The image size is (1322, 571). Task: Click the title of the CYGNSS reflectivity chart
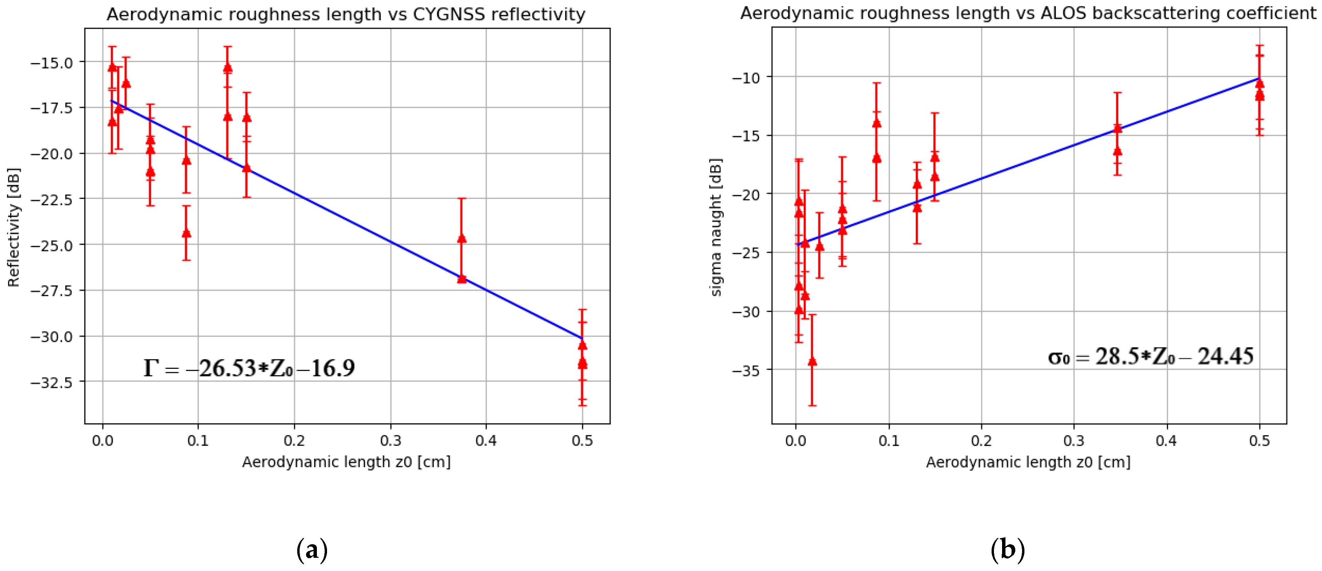[x=346, y=14]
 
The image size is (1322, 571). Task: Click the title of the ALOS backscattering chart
[x=1028, y=13]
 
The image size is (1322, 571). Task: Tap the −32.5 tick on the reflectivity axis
[x=51, y=382]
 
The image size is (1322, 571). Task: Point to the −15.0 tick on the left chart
[x=51, y=63]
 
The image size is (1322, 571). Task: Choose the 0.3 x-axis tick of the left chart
[x=391, y=441]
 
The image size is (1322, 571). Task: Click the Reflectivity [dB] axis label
[x=14, y=227]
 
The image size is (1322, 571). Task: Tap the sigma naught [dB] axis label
[x=716, y=227]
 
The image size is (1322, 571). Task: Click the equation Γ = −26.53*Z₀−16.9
[x=249, y=368]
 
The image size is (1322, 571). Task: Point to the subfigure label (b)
[x=1007, y=550]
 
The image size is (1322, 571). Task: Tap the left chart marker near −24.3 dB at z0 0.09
[x=186, y=233]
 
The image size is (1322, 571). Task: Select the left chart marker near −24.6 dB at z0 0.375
[x=461, y=238]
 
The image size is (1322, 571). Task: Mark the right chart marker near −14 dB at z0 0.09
[x=876, y=123]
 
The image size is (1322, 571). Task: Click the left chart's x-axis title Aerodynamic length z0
[x=346, y=462]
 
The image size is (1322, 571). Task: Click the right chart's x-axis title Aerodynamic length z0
[x=1028, y=462]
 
